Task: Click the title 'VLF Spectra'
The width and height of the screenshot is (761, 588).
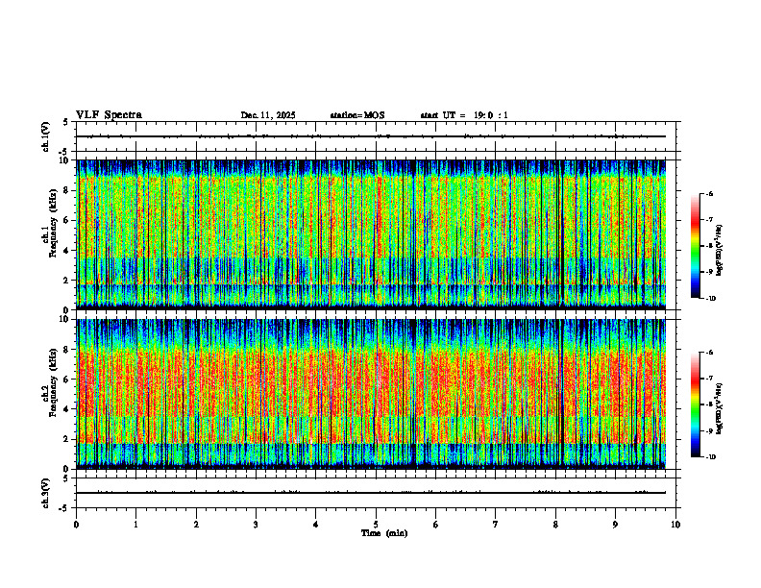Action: [x=109, y=114]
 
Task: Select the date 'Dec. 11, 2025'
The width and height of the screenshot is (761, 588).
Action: [x=268, y=115]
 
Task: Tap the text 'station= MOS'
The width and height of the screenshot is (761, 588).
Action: [x=357, y=115]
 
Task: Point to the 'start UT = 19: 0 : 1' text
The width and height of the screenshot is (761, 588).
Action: [x=464, y=115]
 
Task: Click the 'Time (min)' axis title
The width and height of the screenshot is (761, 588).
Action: [x=383, y=532]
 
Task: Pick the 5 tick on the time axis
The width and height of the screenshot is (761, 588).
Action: [x=376, y=524]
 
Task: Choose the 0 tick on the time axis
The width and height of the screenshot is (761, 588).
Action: [x=76, y=524]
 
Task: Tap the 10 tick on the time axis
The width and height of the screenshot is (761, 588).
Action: [x=675, y=524]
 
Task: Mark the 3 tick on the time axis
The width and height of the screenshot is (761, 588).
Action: [x=256, y=524]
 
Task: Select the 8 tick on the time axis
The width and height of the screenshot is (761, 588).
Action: [x=555, y=524]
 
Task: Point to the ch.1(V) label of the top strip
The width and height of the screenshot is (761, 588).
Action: [x=45, y=136]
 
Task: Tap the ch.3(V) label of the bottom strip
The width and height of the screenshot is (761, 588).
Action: [x=45, y=492]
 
